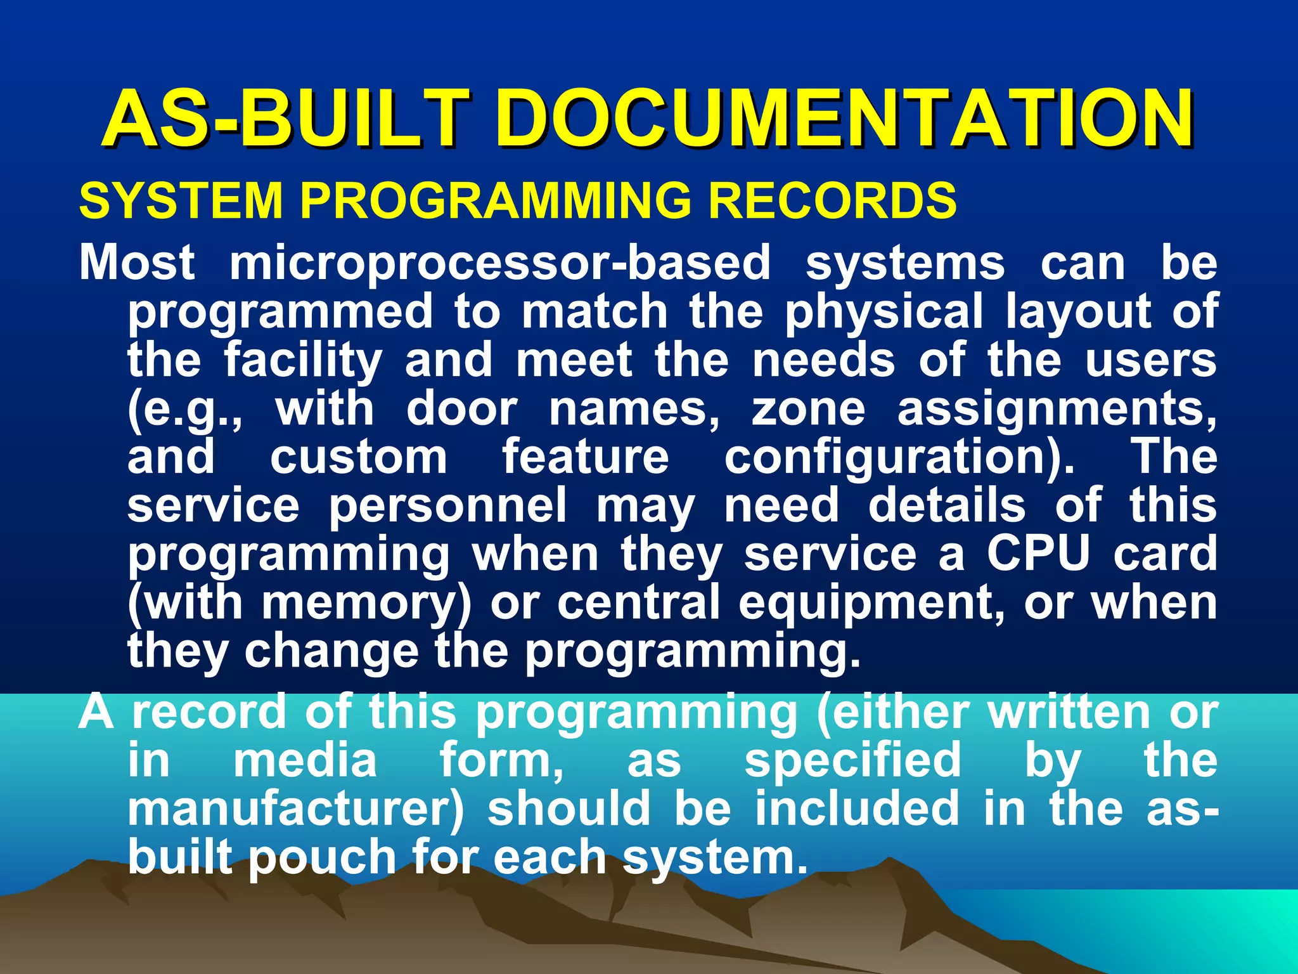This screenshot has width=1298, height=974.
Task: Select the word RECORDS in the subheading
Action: [x=832, y=200]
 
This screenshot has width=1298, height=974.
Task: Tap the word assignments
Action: [x=1056, y=410]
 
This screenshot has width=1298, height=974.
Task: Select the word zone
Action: [x=808, y=409]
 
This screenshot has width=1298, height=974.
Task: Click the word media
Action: [x=305, y=760]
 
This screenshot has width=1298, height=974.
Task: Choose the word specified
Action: [x=852, y=762]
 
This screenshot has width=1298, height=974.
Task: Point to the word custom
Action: [x=359, y=458]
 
